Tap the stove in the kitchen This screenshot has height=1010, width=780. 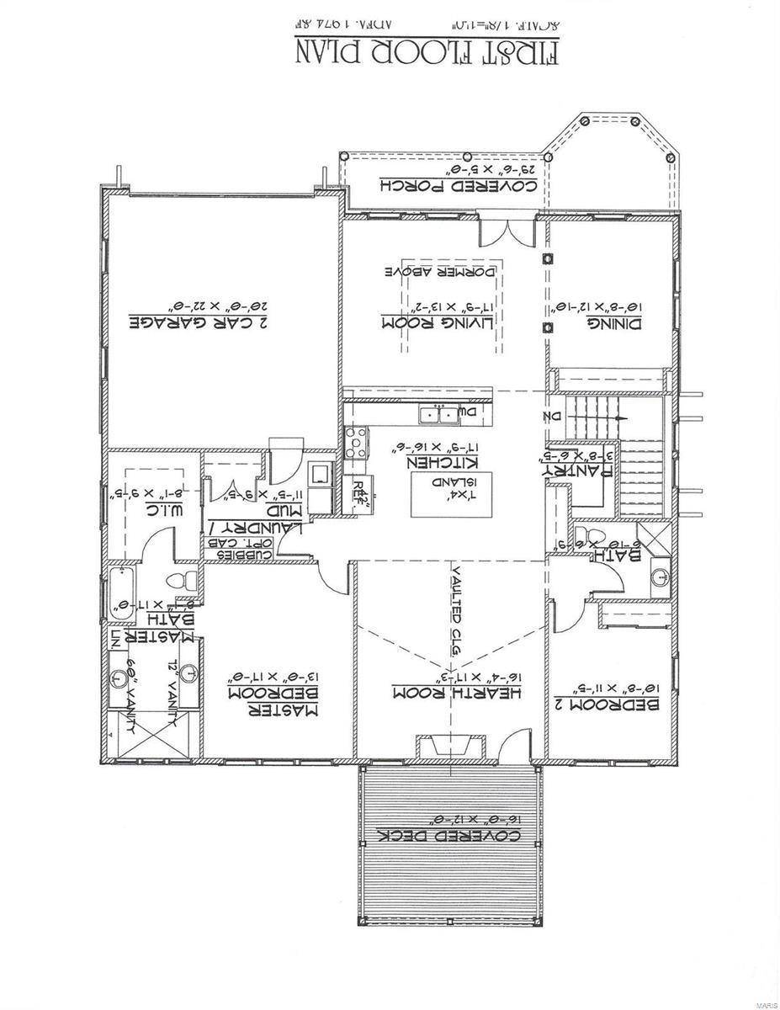(x=357, y=443)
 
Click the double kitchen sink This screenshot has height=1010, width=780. (x=440, y=414)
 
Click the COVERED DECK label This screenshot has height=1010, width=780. (x=443, y=835)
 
